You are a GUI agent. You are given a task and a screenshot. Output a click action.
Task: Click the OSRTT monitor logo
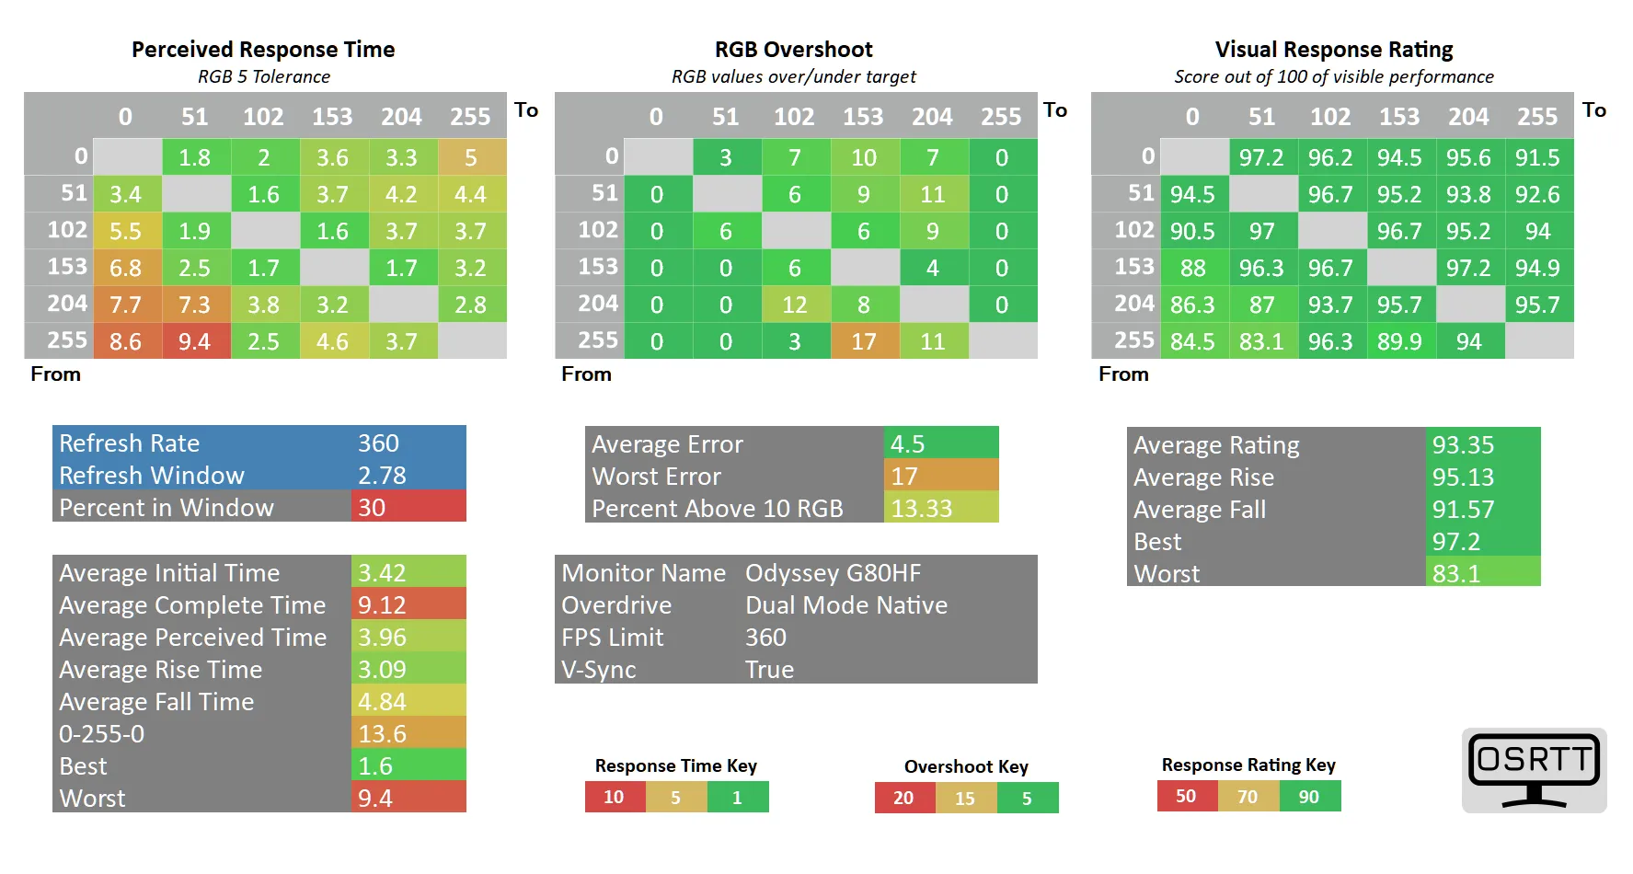click(1534, 770)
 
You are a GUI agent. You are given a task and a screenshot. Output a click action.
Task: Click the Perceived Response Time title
click(263, 50)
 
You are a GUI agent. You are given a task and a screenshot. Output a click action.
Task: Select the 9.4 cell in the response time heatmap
click(195, 341)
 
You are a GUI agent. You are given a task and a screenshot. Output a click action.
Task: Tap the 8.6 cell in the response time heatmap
click(126, 341)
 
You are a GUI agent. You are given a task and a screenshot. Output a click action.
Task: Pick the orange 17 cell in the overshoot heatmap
click(864, 341)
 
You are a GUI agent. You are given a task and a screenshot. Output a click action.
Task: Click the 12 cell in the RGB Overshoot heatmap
click(795, 305)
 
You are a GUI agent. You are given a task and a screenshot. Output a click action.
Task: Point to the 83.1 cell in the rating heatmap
click(1261, 341)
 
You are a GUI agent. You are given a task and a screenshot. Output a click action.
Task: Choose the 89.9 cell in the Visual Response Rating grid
click(1399, 341)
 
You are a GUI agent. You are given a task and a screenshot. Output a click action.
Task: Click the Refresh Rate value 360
click(378, 443)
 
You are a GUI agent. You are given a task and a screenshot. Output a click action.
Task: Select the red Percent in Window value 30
click(408, 507)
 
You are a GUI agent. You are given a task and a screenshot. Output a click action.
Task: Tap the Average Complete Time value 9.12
click(408, 604)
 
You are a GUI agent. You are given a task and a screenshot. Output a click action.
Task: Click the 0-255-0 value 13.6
click(408, 733)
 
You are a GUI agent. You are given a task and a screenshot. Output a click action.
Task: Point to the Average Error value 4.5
click(941, 443)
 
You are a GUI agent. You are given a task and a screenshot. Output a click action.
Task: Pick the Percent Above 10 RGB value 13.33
click(941, 508)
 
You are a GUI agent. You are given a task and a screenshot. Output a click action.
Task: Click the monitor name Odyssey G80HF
click(833, 573)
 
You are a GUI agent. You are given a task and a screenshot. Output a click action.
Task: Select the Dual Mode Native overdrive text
click(846, 605)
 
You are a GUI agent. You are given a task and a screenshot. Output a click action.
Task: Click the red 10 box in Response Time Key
click(615, 797)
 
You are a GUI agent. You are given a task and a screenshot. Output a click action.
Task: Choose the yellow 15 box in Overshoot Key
click(965, 798)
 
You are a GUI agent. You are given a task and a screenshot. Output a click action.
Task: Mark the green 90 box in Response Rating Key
click(1309, 796)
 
